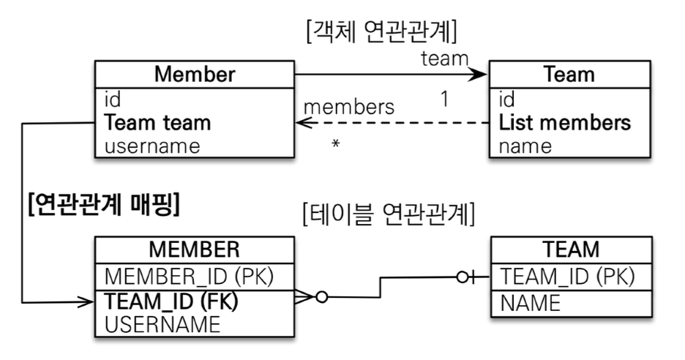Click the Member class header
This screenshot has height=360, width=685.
[194, 75]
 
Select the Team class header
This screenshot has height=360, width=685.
[569, 75]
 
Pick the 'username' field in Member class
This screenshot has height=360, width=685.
[151, 146]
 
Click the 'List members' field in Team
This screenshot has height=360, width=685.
[564, 122]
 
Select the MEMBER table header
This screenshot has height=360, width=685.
[194, 250]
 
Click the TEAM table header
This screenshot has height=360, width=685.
[570, 250]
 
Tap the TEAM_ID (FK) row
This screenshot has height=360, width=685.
[172, 300]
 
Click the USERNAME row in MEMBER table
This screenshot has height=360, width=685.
[162, 323]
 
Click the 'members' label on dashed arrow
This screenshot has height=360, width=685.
[348, 107]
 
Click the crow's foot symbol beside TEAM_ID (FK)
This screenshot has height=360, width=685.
[302, 299]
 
